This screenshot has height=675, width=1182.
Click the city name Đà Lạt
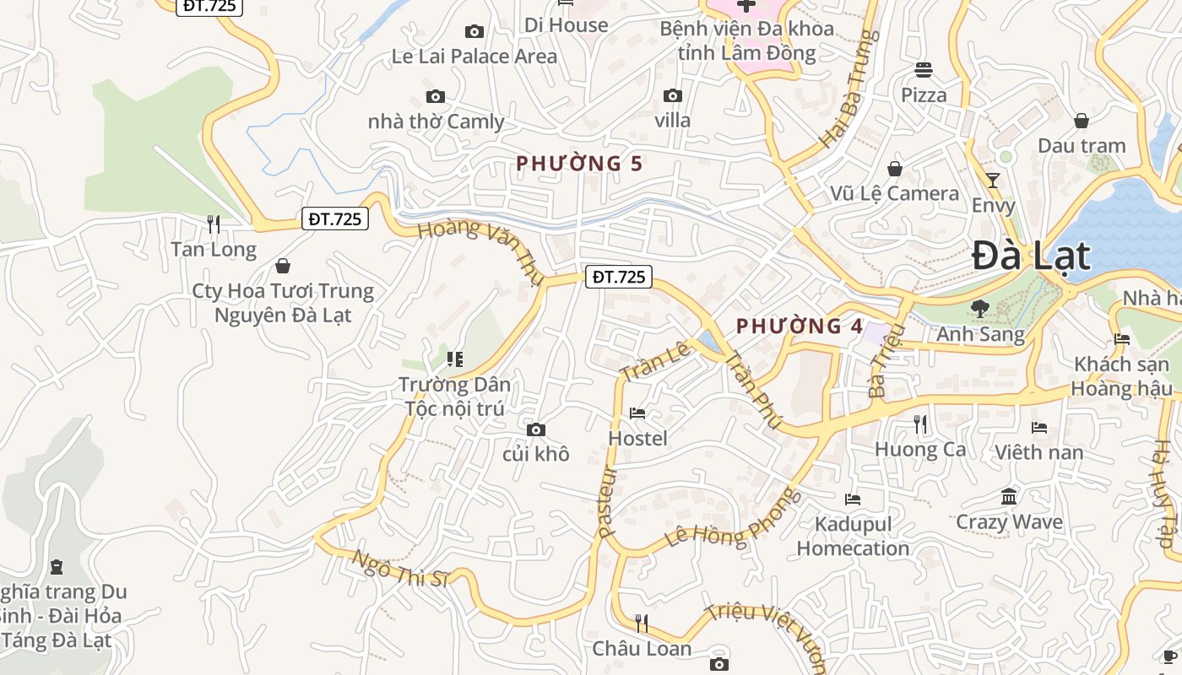pos(1031,256)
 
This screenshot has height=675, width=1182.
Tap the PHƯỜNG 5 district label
pos(579,163)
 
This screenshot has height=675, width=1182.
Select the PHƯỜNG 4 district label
pos(789,326)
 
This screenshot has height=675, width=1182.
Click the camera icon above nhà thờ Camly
pos(436,97)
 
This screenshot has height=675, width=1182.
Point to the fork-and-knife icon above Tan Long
pos(214,224)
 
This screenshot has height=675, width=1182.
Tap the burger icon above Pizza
pos(924,70)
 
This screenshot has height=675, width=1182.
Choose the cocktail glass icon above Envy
pos(993,180)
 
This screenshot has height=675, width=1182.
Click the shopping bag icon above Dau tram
pos(1082,121)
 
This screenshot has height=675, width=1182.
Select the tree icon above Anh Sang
pos(980,309)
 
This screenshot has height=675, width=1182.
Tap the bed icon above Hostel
pos(637,413)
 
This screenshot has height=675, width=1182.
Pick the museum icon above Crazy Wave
pos(1009,496)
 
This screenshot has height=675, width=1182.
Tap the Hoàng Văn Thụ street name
pos(481,250)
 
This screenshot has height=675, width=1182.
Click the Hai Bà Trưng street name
pos(844,89)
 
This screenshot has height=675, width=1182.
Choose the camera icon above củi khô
pos(535,430)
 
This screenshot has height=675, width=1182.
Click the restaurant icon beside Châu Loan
pos(642,624)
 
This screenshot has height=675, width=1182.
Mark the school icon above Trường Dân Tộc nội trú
pos(455,359)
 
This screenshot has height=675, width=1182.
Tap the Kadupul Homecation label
pos(853,536)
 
